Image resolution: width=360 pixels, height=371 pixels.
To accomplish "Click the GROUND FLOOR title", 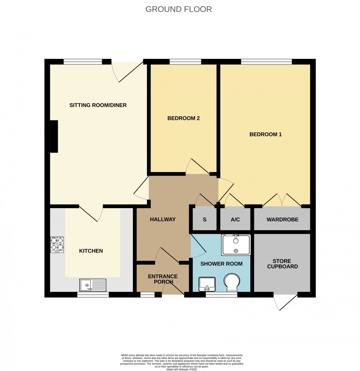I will (179, 9).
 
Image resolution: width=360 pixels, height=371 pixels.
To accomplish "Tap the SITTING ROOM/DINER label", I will (98, 106).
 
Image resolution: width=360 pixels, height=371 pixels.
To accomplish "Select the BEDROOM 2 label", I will (183, 118).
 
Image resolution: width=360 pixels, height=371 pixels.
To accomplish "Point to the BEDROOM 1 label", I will (265, 135).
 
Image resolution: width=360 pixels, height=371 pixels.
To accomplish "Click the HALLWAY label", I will (162, 220).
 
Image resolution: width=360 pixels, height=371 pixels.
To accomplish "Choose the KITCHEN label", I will (91, 251).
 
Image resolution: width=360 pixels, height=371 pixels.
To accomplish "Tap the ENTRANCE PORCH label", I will (162, 279).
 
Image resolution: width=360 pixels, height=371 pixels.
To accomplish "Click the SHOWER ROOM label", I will (221, 264).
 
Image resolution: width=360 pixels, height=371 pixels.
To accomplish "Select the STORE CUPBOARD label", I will (282, 264).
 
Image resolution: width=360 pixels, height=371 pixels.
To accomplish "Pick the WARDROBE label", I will (282, 220).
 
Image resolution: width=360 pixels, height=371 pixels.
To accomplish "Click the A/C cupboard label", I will (235, 220).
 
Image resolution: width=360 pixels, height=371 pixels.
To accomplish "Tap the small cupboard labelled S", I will (204, 220).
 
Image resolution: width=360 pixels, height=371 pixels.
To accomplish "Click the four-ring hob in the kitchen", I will (57, 245).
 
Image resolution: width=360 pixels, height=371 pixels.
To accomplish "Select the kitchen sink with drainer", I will (93, 285).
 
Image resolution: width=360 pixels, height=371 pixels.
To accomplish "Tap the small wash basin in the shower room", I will (206, 284).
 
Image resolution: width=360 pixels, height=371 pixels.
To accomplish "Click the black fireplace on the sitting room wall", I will (54, 136).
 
